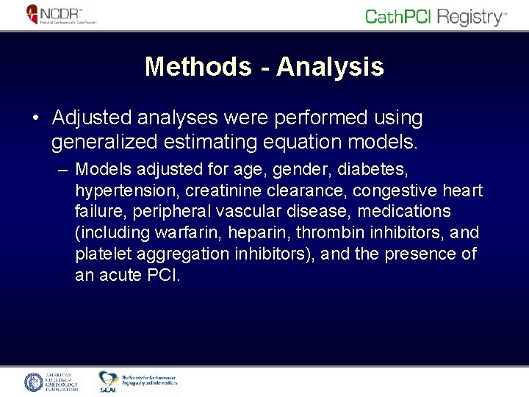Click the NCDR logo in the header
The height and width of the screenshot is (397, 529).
[61, 15]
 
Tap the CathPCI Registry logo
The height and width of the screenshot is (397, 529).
[436, 16]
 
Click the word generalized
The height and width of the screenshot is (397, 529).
[98, 140]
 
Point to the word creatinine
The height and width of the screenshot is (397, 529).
[226, 191]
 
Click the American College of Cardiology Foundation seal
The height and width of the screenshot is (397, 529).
[35, 382]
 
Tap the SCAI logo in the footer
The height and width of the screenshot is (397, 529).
[109, 381]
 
